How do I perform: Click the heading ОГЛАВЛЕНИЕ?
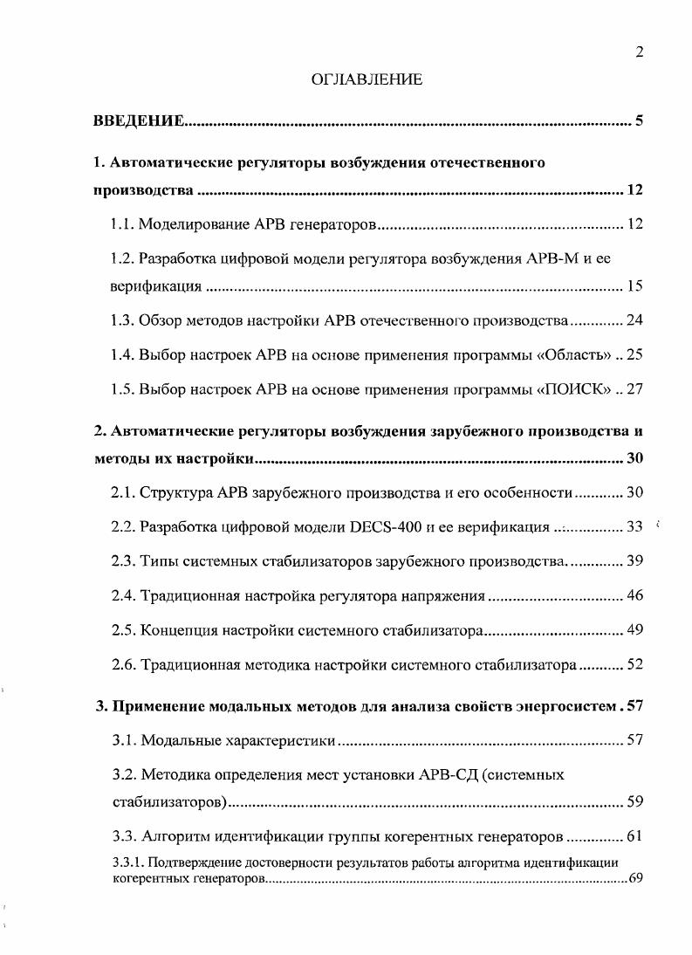(367, 79)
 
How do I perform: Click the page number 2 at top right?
(639, 52)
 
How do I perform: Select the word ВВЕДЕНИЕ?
(138, 120)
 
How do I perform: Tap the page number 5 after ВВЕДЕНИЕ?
(639, 120)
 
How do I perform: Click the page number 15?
(634, 285)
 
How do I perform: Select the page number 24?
(634, 319)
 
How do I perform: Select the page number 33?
(634, 526)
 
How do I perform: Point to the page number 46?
(634, 595)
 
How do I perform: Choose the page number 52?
(634, 664)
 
